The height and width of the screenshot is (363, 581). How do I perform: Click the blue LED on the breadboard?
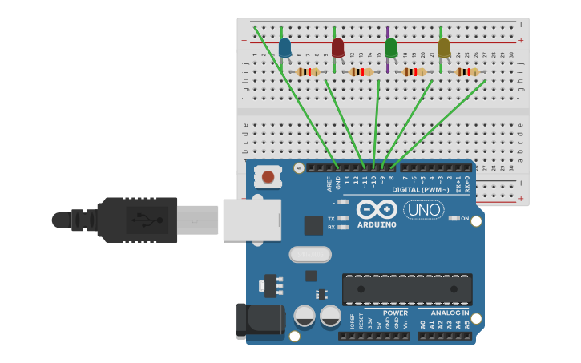(284, 47)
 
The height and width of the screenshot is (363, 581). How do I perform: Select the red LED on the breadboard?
(337, 47)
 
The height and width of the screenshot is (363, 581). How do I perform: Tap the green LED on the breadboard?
(390, 47)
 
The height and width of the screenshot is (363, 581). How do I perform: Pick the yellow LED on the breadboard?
(444, 47)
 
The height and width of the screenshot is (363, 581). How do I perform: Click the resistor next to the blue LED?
(309, 72)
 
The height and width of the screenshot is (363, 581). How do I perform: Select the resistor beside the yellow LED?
(467, 72)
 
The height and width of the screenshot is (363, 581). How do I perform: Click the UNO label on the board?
(423, 210)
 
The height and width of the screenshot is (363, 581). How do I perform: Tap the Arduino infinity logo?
(377, 210)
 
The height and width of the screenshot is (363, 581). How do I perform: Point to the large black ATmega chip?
(407, 289)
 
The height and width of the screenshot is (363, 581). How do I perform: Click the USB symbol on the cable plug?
(145, 219)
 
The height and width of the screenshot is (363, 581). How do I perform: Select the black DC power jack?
(260, 320)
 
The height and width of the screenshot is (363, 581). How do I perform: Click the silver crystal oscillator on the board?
(310, 254)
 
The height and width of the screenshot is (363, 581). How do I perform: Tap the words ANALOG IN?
(450, 313)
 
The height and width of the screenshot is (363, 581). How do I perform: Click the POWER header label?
(395, 313)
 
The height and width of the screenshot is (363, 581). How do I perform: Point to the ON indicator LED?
(454, 218)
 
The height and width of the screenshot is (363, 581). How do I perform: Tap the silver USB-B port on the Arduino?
(252, 220)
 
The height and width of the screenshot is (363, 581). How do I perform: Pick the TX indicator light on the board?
(344, 218)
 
